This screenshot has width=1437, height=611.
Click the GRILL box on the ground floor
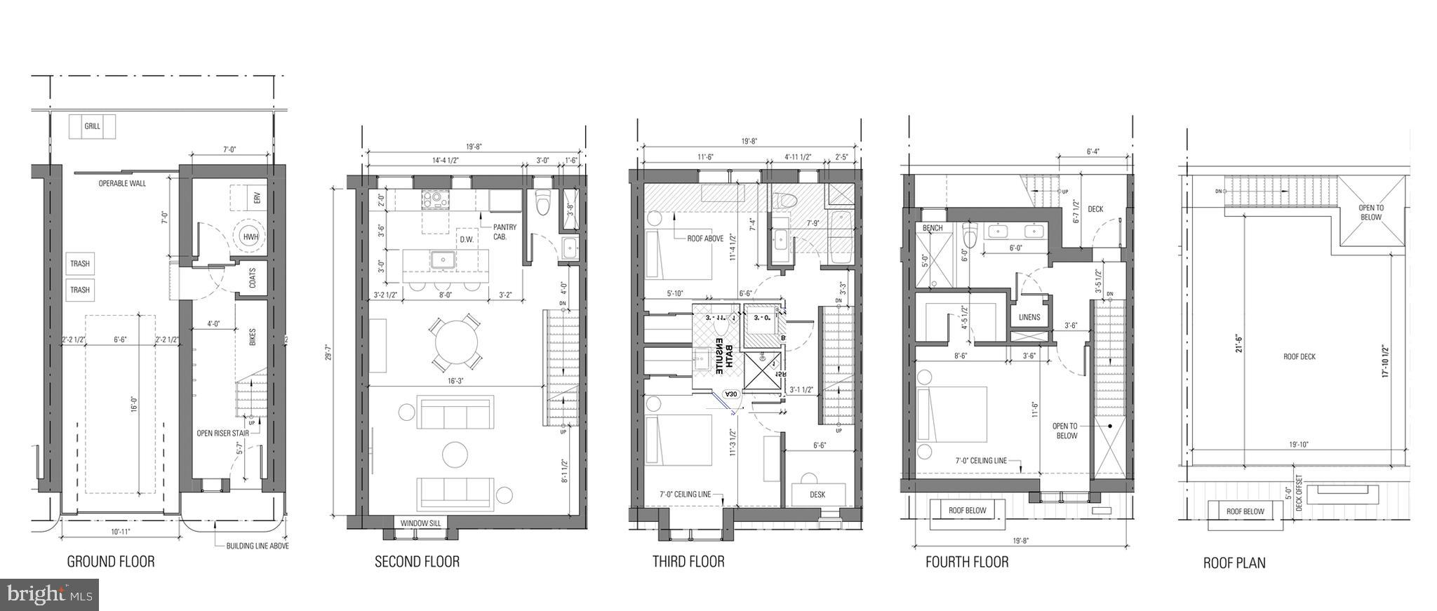click(x=92, y=127)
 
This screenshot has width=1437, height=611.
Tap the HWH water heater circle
click(x=250, y=237)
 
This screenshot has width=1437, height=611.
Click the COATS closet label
click(x=252, y=278)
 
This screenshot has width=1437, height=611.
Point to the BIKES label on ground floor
click(x=252, y=337)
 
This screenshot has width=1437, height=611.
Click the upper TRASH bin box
click(x=80, y=264)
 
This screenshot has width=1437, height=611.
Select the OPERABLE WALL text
click(x=122, y=184)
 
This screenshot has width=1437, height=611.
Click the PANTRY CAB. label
click(x=504, y=231)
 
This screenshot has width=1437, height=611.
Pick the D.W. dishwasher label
click(x=467, y=239)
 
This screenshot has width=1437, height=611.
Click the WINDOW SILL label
click(x=417, y=523)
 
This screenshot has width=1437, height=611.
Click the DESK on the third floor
click(x=817, y=494)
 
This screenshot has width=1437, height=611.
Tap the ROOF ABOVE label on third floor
click(x=704, y=239)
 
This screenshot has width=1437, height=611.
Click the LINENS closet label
click(x=1029, y=317)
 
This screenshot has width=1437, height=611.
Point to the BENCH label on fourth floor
click(x=933, y=228)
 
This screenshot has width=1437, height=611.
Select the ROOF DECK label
click(x=1299, y=356)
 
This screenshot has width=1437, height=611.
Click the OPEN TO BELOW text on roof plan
click(x=1370, y=213)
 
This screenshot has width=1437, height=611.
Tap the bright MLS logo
click(x=50, y=595)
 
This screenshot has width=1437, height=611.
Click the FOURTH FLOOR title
click(x=966, y=562)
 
